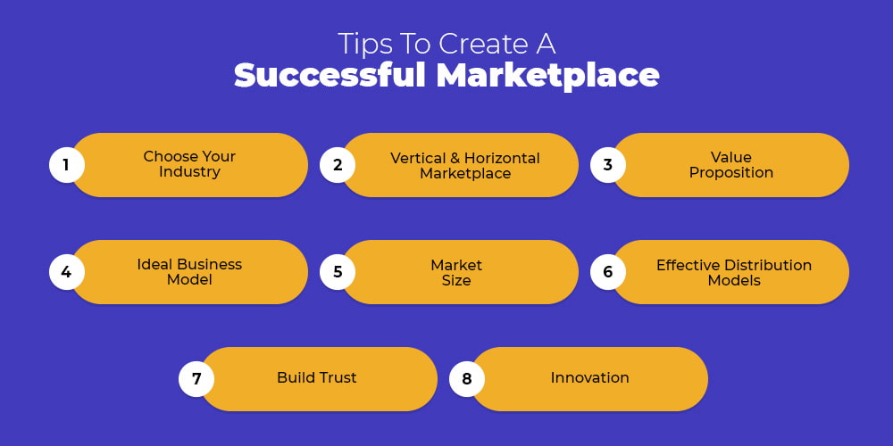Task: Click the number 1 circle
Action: [x=67, y=165]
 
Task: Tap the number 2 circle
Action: [x=338, y=165]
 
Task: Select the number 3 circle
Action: [x=607, y=165]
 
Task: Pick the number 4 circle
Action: [x=67, y=272]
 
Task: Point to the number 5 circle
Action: [x=338, y=272]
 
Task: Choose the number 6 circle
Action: [x=607, y=272]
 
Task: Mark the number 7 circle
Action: [x=196, y=379]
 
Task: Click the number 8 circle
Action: [x=467, y=379]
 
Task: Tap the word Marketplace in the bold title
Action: [x=548, y=76]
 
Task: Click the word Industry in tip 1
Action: [x=189, y=172]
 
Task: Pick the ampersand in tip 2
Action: [x=455, y=158]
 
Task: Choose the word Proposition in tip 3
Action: [x=731, y=173]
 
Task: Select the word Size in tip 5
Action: [x=456, y=280]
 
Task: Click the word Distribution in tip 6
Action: [x=768, y=265]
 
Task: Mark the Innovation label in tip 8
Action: [x=590, y=377]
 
